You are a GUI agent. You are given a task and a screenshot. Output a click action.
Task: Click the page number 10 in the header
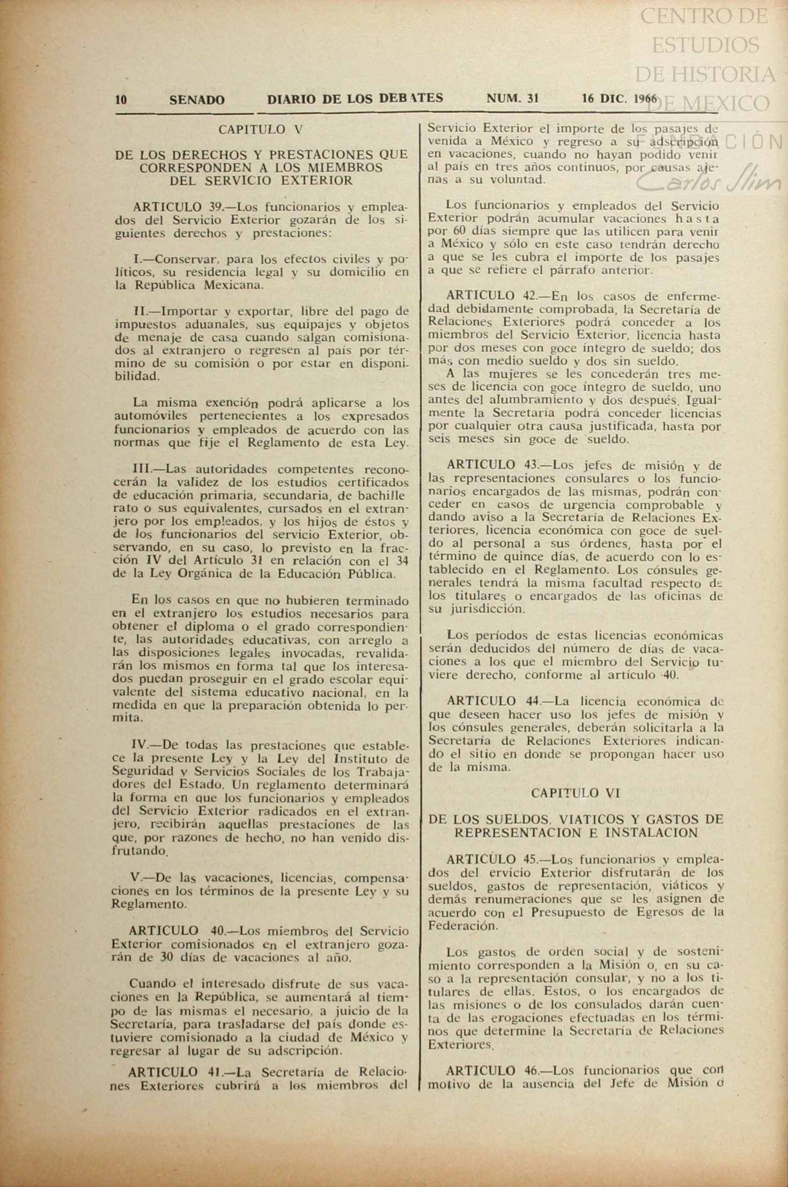coord(121,99)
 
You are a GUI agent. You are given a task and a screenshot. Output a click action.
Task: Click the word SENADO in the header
coord(197,100)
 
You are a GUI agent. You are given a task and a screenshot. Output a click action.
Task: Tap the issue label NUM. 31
coord(512,99)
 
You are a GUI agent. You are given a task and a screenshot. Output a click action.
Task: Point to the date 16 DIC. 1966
coord(619,99)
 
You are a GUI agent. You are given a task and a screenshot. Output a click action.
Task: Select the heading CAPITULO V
coord(261,129)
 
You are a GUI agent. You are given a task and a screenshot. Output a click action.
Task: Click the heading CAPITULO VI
coord(576,793)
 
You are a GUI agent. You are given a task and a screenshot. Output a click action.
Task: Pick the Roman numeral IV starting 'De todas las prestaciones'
coord(139,745)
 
